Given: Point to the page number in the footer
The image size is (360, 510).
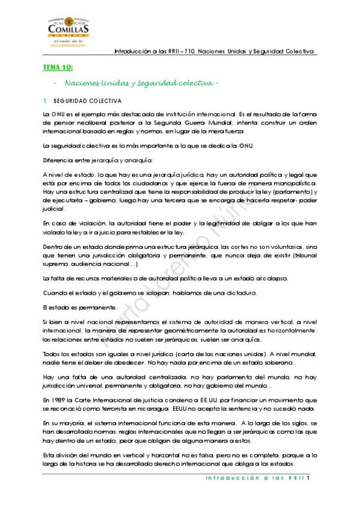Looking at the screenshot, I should [308, 479].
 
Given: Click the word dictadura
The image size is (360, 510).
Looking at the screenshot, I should [240, 293].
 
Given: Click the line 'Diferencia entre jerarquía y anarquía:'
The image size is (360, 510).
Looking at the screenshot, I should [90, 160].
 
